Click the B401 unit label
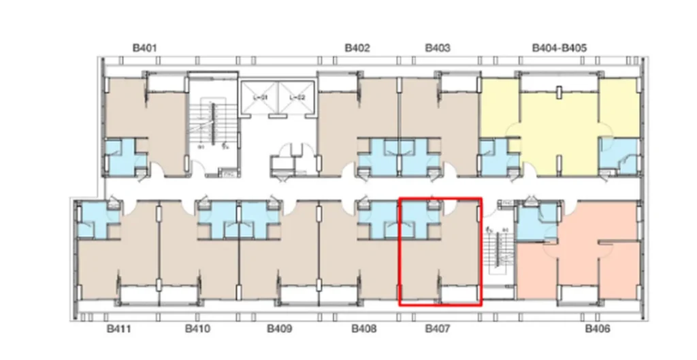point(145,48)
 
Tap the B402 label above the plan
point(357,48)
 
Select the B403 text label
point(437,48)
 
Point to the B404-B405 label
point(559,48)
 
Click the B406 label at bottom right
point(598,329)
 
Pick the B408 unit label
point(364,329)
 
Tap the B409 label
point(279,329)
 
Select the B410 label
point(198,329)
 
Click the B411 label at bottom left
point(118,329)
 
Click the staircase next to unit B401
point(212,126)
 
